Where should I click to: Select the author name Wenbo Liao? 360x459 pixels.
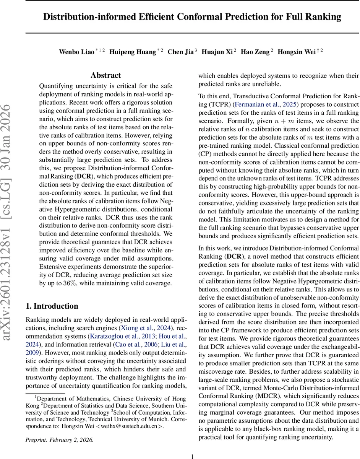[76, 52]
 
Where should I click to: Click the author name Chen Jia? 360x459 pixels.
[181, 52]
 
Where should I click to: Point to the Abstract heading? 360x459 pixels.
[106, 75]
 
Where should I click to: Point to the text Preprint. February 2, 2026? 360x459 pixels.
[59, 440]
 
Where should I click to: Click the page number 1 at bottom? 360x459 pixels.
[193, 456]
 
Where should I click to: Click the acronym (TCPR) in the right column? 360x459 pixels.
[209, 104]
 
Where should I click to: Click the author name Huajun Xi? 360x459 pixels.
[217, 52]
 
